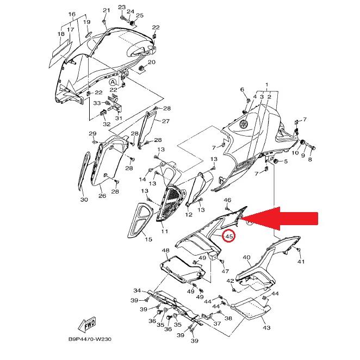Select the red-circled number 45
click(x=229, y=237)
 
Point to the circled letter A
click(x=113, y=82)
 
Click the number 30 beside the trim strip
click(x=84, y=200)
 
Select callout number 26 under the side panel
click(x=102, y=196)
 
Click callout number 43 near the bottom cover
click(x=266, y=328)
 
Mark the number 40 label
click(x=246, y=258)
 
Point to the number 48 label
click(x=165, y=251)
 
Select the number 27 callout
click(x=166, y=121)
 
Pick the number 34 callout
click(x=138, y=290)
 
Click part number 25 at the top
click(x=140, y=15)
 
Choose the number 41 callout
click(x=301, y=262)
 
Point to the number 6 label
click(x=243, y=89)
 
